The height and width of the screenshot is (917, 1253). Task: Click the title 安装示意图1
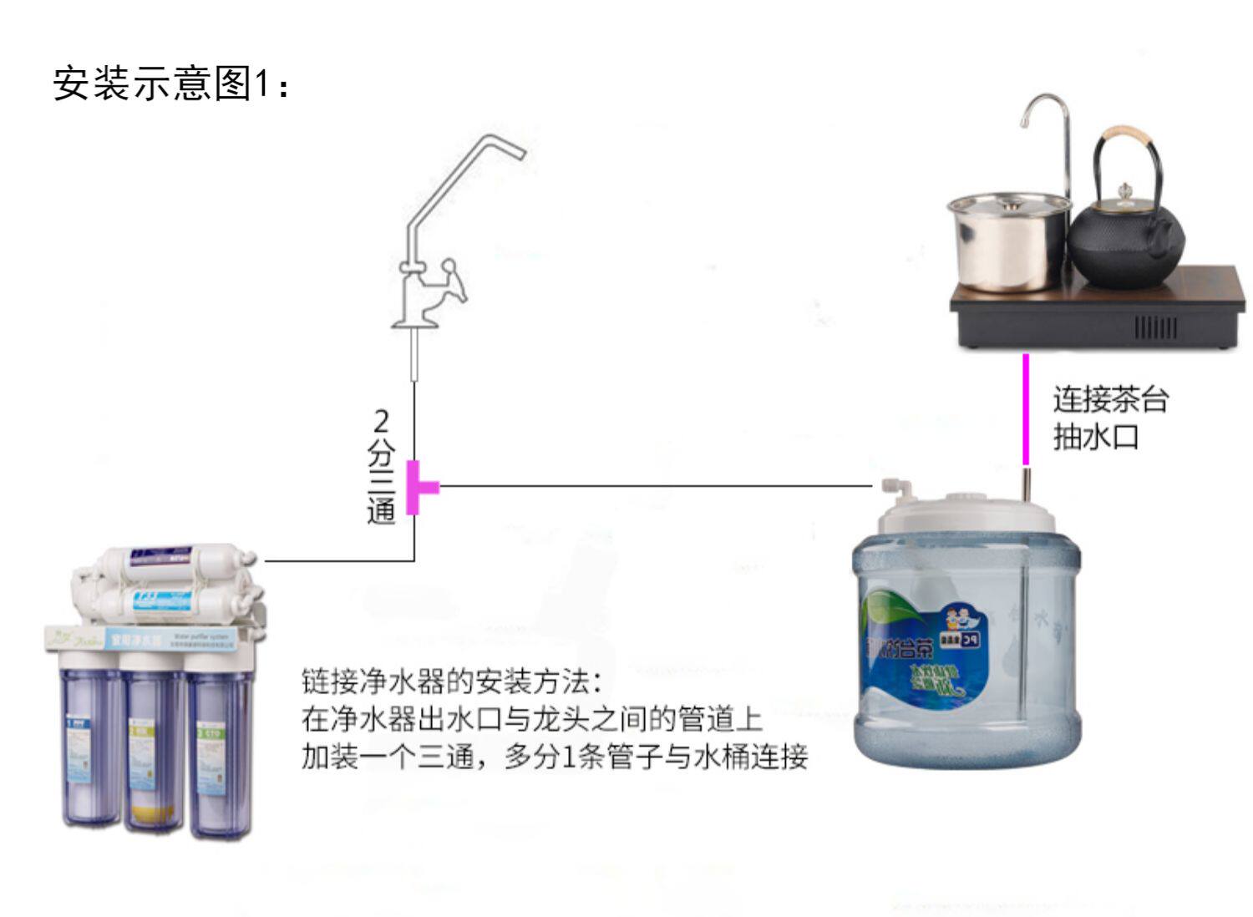click(171, 84)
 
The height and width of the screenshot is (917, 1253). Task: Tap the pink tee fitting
click(418, 487)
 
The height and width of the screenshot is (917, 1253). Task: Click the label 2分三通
click(381, 467)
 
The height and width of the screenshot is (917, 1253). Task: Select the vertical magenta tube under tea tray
click(1026, 409)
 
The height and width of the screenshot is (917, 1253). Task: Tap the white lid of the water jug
click(965, 512)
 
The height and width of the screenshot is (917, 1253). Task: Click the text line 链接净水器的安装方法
click(451, 681)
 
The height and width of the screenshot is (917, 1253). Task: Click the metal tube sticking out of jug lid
click(1026, 484)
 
